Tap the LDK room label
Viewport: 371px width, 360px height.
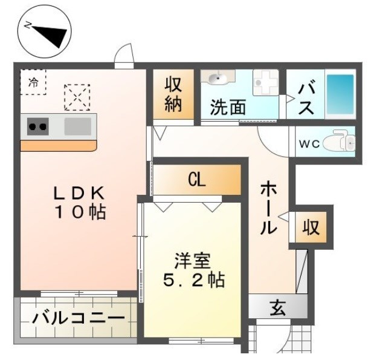pyautogui.click(x=80, y=203)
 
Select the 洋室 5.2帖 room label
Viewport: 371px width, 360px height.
pyautogui.click(x=193, y=271)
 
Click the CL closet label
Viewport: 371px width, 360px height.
pyautogui.click(x=196, y=179)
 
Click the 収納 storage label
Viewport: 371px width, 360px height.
pyautogui.click(x=173, y=95)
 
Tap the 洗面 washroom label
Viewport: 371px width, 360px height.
pyautogui.click(x=228, y=108)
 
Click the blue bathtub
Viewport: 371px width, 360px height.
pyautogui.click(x=342, y=95)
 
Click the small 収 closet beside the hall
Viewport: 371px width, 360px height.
pyautogui.click(x=311, y=227)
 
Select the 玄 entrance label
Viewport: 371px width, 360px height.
pyautogui.click(x=277, y=307)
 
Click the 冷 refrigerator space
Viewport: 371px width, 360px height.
pyautogui.click(x=33, y=83)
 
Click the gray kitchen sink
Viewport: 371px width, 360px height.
pyautogui.click(x=77, y=126)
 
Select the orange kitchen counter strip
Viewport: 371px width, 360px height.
pyautogui.click(x=58, y=146)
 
